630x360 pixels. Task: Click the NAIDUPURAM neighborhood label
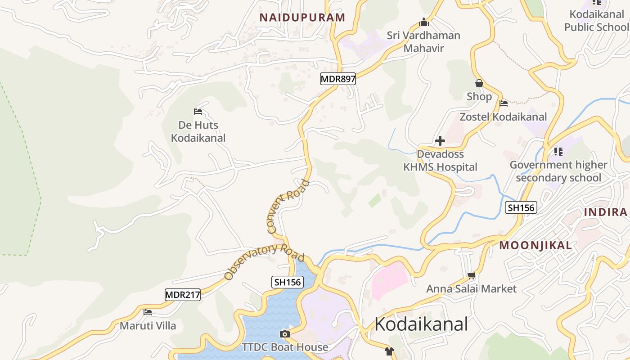click(x=302, y=18)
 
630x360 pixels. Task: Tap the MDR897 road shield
click(x=338, y=79)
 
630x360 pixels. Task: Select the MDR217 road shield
click(x=182, y=295)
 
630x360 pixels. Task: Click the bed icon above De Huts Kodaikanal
click(x=198, y=111)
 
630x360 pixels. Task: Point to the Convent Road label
click(x=288, y=207)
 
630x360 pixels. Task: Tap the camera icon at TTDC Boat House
click(x=284, y=334)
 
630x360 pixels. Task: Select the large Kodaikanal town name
click(x=421, y=324)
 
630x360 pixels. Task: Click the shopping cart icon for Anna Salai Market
click(x=471, y=275)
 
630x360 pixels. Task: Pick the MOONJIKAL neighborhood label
click(x=535, y=245)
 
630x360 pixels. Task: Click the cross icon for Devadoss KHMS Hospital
click(x=440, y=141)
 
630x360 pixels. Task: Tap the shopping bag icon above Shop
click(x=479, y=83)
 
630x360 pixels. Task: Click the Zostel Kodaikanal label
click(x=503, y=117)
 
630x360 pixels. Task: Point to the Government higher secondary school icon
click(x=558, y=151)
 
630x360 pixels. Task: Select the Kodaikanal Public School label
click(x=596, y=21)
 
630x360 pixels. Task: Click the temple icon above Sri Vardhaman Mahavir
click(x=423, y=22)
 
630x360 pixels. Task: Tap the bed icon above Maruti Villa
click(x=148, y=312)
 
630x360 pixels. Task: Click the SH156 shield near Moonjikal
click(x=521, y=207)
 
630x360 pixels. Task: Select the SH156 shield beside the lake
click(x=288, y=282)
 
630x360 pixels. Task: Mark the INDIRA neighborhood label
click(x=606, y=212)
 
